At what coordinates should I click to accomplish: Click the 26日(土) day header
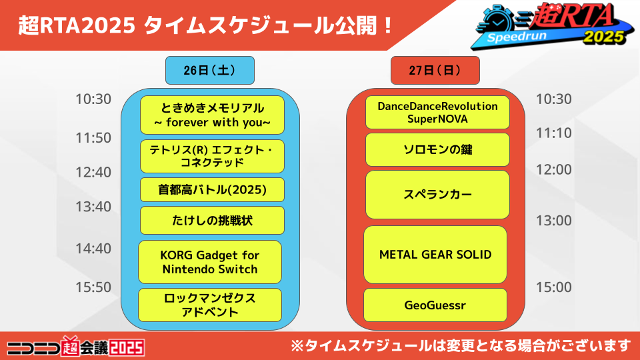[210, 70]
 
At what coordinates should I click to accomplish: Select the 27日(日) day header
[435, 70]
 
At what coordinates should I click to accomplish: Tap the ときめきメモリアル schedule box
[212, 115]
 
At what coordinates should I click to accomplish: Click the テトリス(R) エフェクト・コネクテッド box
[212, 156]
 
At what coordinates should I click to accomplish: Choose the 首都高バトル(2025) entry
[212, 190]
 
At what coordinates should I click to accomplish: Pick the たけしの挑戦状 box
[212, 221]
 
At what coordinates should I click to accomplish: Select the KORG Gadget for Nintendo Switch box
[210, 262]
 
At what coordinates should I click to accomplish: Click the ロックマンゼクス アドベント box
[210, 305]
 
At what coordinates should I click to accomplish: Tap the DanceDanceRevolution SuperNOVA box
[437, 112]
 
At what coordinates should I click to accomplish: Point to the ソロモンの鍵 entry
[437, 150]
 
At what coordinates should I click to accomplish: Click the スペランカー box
[437, 195]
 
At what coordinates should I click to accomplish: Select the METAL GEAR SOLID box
[435, 255]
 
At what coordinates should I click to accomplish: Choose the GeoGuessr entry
[435, 305]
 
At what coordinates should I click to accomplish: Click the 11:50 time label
[93, 138]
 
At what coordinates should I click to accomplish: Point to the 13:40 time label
[93, 207]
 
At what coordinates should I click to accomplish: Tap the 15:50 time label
[93, 287]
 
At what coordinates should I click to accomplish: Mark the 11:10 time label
[553, 133]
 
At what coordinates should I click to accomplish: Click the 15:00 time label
[553, 287]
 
